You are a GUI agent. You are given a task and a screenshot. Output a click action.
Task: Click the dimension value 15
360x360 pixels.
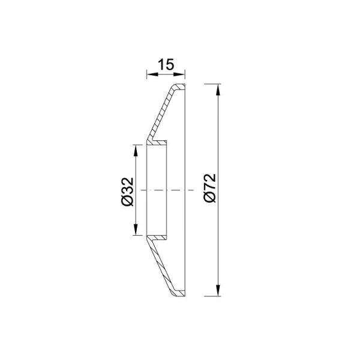click(x=166, y=65)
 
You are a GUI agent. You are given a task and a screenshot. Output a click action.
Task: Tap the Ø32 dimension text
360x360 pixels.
click(x=127, y=191)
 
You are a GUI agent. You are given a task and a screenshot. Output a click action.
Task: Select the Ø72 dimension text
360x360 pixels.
click(x=210, y=188)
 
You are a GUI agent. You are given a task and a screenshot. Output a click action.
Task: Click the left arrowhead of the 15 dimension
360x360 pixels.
click(x=152, y=74)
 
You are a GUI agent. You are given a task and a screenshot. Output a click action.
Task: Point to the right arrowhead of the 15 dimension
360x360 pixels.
click(x=179, y=74)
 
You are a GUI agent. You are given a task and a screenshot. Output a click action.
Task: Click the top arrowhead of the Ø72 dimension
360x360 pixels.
click(x=218, y=90)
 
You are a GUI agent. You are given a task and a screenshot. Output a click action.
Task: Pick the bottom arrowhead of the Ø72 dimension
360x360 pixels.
click(x=218, y=290)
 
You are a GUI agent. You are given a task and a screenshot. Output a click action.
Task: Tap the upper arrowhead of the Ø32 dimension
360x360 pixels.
click(x=136, y=151)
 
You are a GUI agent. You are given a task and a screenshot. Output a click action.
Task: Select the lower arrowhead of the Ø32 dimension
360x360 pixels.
click(x=136, y=229)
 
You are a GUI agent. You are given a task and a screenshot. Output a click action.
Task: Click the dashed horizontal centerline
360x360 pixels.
click(x=167, y=190)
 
